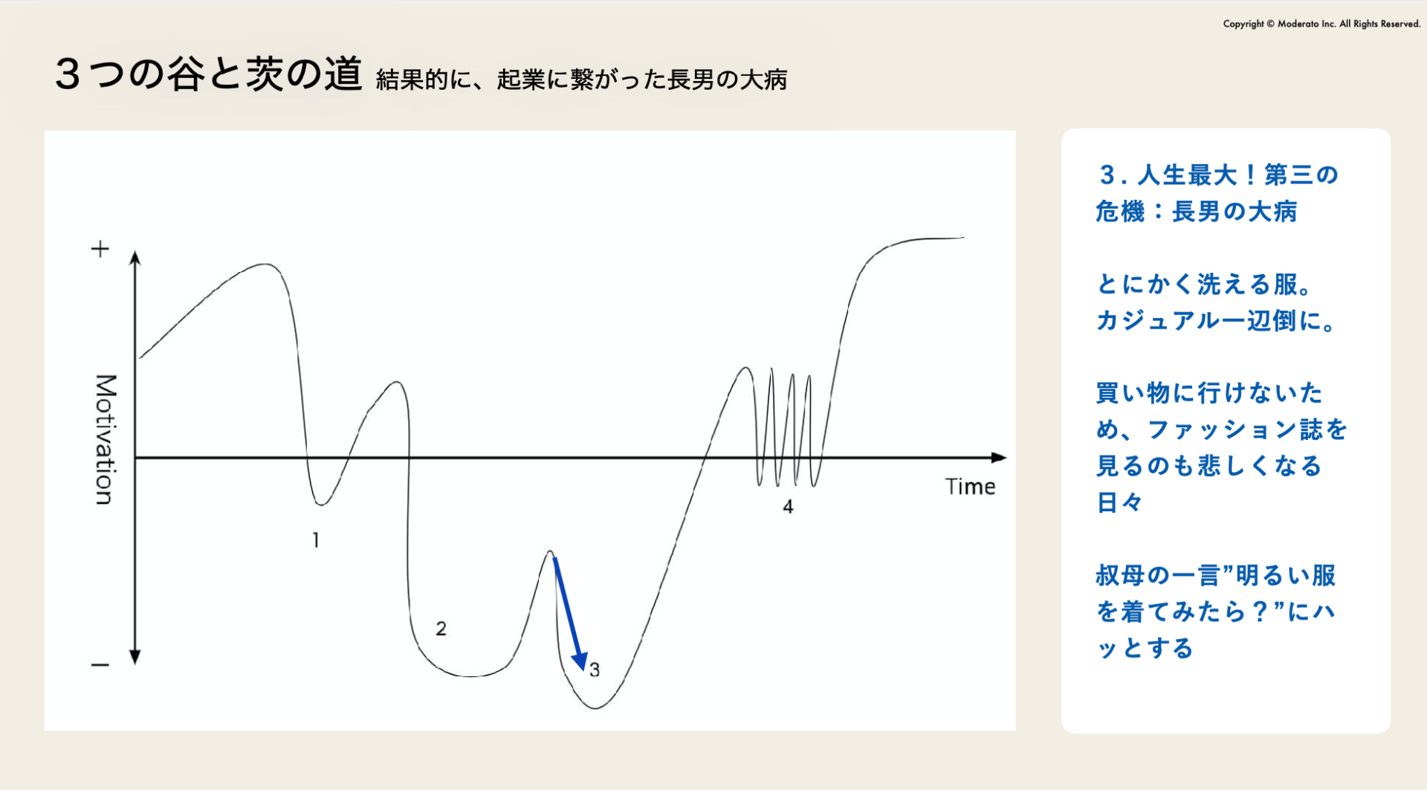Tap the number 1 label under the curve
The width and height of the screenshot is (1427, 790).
[x=316, y=540]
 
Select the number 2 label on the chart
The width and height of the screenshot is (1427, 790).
[x=441, y=629]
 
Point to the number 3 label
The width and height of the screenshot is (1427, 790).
[x=595, y=670]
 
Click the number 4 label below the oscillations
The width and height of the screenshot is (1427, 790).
[x=788, y=507]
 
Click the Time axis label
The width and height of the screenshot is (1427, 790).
[x=970, y=487]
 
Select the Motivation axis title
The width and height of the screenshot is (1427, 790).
[x=106, y=439]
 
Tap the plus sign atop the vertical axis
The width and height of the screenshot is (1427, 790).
[x=100, y=248]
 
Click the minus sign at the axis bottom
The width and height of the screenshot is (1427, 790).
[x=100, y=664]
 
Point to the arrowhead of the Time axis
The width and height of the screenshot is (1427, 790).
[x=1000, y=458]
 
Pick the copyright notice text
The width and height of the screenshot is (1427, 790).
[x=1321, y=24]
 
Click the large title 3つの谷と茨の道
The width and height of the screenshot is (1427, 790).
[x=209, y=74]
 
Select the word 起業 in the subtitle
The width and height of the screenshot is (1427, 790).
[x=521, y=80]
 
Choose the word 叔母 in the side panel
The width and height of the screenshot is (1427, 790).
[x=1120, y=575]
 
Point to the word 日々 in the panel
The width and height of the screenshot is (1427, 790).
[x=1119, y=502]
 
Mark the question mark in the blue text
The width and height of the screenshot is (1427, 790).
[x=1259, y=612]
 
